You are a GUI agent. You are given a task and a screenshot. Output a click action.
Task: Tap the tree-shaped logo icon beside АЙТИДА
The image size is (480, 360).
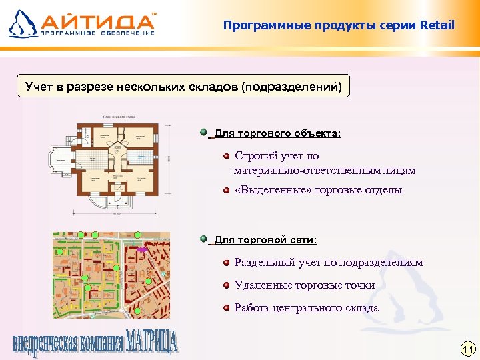[22, 23]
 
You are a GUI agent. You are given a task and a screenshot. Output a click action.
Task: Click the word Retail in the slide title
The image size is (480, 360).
[437, 25]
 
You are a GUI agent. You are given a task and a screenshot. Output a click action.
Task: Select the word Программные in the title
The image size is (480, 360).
[258, 25]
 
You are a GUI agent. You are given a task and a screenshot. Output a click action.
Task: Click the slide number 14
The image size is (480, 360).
[467, 349]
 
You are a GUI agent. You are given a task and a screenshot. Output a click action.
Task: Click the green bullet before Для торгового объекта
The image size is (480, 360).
[203, 133]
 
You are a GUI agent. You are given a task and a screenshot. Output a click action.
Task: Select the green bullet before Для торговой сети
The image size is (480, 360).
[203, 238]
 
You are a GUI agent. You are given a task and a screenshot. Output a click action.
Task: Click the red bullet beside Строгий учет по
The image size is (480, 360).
[227, 156]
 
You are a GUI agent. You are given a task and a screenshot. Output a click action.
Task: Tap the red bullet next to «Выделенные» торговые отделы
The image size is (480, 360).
[227, 191]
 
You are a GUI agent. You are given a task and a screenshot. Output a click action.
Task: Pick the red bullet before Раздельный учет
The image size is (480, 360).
[227, 263]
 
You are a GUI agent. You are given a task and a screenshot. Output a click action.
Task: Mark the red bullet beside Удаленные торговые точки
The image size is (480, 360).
[227, 285]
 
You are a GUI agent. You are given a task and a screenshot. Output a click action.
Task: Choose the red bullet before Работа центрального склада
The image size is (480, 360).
[227, 308]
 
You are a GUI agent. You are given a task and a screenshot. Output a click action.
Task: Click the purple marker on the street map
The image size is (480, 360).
[142, 249]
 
